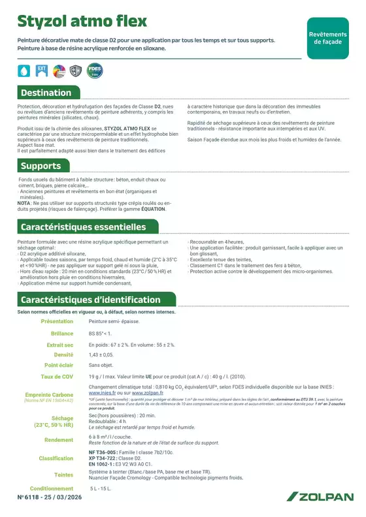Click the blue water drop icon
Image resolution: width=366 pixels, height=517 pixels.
click(24, 70)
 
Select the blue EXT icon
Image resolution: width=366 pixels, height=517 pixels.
click(41, 70)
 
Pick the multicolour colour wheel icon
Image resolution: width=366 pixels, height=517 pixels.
click(59, 70)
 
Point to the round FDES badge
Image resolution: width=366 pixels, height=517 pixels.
click(95, 70)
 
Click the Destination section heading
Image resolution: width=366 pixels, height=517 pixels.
click(46, 93)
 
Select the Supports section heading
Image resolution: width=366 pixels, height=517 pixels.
click(41, 166)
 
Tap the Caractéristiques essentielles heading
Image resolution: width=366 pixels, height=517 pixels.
click(84, 227)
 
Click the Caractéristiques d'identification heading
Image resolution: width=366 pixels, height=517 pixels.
click(90, 300)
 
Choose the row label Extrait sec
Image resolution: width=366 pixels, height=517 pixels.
click(59, 344)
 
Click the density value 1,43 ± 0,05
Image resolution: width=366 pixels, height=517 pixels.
click(101, 354)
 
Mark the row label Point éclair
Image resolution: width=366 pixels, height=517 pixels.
click(59, 365)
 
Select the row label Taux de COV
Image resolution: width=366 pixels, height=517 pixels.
click(57, 377)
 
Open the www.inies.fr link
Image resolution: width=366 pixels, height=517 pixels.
click(102, 393)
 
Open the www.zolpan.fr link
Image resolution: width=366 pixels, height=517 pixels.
click(147, 393)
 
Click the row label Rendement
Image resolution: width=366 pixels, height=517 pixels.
click(59, 439)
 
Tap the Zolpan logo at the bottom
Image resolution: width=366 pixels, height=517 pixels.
click(319, 497)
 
